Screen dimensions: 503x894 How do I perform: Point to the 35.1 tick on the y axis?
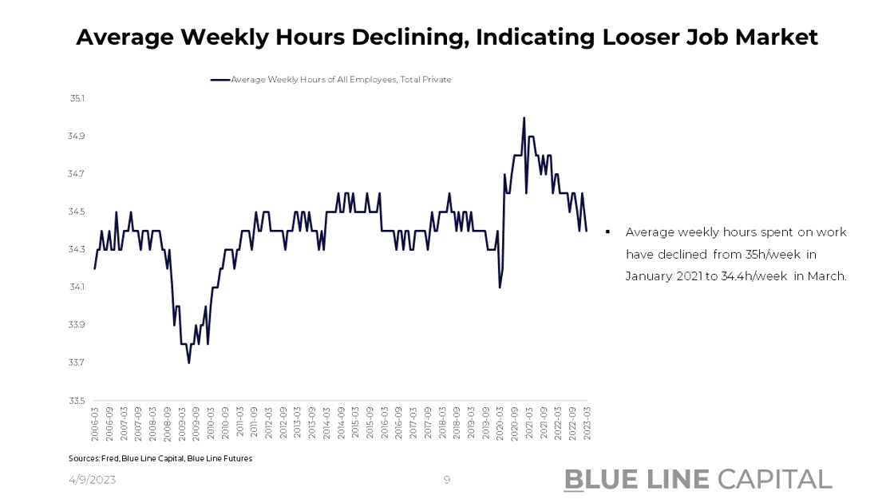pyautogui.click(x=77, y=98)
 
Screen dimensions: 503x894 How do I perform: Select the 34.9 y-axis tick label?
pyautogui.click(x=77, y=137)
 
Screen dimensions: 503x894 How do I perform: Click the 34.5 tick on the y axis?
pyautogui.click(x=77, y=212)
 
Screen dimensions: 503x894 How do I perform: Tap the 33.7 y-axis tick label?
pyautogui.click(x=77, y=362)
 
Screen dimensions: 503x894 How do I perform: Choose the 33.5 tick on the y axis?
pyautogui.click(x=77, y=401)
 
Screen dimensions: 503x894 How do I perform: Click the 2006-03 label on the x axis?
pyautogui.click(x=95, y=424)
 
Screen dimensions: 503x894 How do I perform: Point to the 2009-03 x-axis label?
pyautogui.click(x=182, y=424)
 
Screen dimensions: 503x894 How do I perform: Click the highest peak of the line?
pyautogui.click(x=524, y=118)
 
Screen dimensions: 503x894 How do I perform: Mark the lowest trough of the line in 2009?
pyautogui.click(x=189, y=362)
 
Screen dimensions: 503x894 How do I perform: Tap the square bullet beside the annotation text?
pyautogui.click(x=608, y=232)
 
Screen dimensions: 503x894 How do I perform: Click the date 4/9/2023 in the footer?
pyautogui.click(x=92, y=479)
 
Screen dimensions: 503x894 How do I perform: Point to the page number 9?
pyautogui.click(x=447, y=480)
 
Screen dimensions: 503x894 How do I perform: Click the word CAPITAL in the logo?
pyautogui.click(x=774, y=479)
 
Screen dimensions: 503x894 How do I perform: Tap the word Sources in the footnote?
pyautogui.click(x=83, y=458)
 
